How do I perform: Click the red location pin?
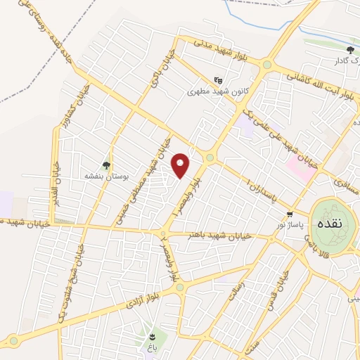point(181,165)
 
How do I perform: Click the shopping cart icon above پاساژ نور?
point(289,214)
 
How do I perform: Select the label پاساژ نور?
point(288,224)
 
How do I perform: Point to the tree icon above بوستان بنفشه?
point(106,165)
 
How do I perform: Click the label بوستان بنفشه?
point(103,175)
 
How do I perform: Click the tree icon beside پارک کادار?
point(350,49)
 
